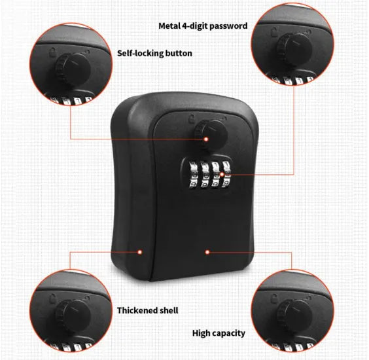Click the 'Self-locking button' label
(154, 53)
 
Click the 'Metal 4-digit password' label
(203, 26)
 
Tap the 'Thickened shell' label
(147, 310)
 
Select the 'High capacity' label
(219, 333)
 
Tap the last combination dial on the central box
(227, 176)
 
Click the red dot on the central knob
(205, 139)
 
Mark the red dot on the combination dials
(222, 175)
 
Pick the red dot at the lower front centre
(206, 250)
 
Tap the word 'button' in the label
(178, 53)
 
